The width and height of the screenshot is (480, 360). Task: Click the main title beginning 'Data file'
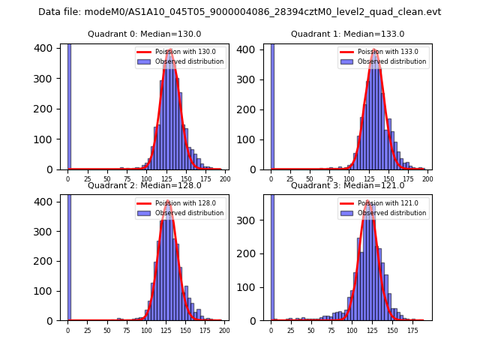[239, 12]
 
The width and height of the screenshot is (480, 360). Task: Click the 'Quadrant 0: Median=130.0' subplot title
[145, 34]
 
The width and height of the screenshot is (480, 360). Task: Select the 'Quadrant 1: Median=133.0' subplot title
[347, 34]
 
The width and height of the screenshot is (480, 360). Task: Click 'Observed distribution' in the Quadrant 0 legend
[190, 61]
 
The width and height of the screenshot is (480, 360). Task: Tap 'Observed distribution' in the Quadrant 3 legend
[392, 213]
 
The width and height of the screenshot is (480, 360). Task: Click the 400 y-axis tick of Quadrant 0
[46, 48]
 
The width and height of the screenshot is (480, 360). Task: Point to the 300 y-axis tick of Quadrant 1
[249, 79]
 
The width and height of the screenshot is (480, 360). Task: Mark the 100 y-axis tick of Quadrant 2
[46, 291]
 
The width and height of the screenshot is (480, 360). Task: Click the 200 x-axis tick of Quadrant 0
[225, 180]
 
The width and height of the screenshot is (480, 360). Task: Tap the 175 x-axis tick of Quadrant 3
[412, 331]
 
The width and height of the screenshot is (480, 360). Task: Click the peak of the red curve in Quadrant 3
[369, 202]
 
